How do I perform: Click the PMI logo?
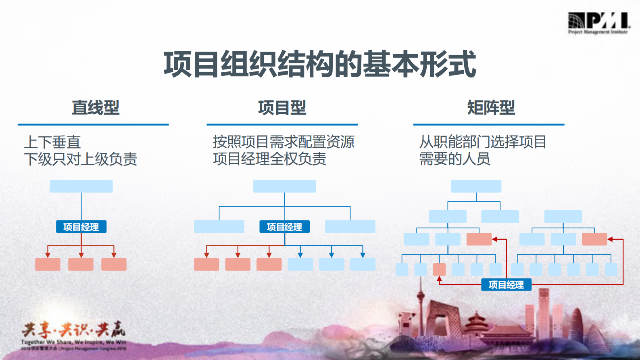(598, 23)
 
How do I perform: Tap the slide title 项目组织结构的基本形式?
(320, 64)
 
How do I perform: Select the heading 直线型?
(96, 107)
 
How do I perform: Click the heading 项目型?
(282, 107)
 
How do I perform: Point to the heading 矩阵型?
(491, 107)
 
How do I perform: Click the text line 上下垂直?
(52, 142)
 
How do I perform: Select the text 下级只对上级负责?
(81, 159)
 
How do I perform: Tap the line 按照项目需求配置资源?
(284, 142)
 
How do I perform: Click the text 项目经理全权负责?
(269, 159)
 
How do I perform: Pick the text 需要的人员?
(454, 159)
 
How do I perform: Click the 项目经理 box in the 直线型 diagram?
(81, 227)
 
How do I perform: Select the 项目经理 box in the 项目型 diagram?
(284, 227)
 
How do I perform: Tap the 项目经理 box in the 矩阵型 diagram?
(506, 285)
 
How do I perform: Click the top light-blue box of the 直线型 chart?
(81, 186)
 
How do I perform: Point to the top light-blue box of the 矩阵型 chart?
(476, 186)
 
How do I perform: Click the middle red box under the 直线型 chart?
(81, 264)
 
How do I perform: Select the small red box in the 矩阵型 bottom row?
(439, 269)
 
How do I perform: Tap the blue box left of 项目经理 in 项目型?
(219, 226)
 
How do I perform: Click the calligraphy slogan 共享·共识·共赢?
(73, 330)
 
